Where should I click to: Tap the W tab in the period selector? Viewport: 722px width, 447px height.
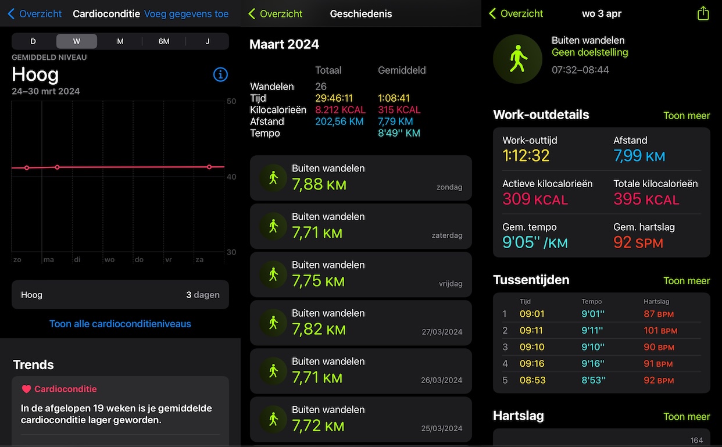[x=76, y=41]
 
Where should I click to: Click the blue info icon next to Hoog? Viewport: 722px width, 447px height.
[x=220, y=74]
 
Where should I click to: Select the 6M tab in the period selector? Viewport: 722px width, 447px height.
[x=164, y=41]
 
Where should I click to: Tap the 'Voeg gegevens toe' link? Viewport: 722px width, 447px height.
[x=186, y=14]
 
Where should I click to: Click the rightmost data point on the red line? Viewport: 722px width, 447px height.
[x=209, y=167]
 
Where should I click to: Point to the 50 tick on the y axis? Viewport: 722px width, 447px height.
[x=231, y=101]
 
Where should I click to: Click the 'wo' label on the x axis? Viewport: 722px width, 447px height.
[x=109, y=259]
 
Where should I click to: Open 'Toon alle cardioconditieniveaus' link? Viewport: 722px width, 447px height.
[x=120, y=324]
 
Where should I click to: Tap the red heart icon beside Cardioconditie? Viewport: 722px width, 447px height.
[x=26, y=389]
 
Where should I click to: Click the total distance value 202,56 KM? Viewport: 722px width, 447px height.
[x=339, y=121]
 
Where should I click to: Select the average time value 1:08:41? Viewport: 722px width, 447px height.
[x=394, y=98]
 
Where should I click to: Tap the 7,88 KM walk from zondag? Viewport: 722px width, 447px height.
[x=360, y=178]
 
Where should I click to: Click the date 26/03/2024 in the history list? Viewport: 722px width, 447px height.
[x=441, y=380]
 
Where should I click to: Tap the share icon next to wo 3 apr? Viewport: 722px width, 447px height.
[x=703, y=13]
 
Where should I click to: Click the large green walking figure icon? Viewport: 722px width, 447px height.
[x=517, y=59]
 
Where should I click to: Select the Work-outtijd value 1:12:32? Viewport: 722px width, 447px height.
[x=526, y=156]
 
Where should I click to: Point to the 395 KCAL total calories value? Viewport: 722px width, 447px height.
[x=646, y=199]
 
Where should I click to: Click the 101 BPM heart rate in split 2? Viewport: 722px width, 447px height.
[x=660, y=330]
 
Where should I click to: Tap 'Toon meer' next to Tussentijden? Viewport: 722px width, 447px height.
[x=687, y=281]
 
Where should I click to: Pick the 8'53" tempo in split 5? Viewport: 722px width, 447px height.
[x=594, y=380]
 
